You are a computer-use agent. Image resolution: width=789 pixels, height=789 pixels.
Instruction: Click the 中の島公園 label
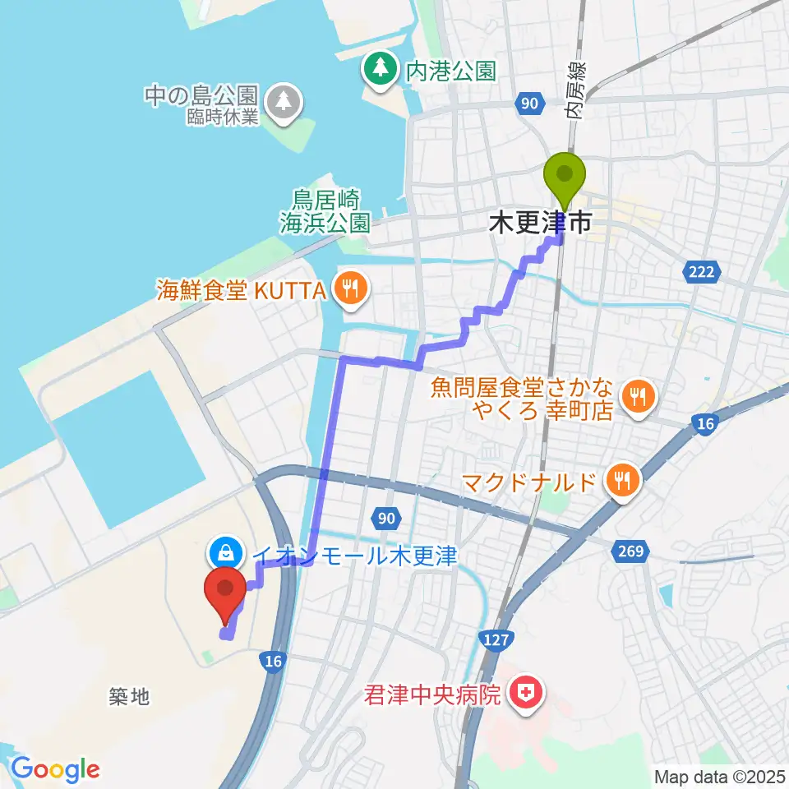[201, 95]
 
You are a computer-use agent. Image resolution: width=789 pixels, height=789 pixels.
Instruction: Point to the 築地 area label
[129, 696]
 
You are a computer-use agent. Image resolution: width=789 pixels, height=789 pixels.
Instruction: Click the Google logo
[55, 770]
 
